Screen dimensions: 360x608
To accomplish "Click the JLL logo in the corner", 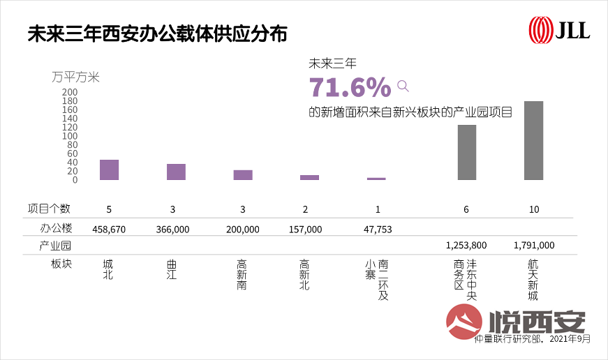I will [559, 29].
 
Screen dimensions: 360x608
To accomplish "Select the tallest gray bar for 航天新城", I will [533, 141].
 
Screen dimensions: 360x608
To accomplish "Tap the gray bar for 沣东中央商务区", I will [467, 153].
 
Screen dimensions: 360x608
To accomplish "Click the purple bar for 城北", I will [109, 170].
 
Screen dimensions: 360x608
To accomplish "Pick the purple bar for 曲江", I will [176, 172].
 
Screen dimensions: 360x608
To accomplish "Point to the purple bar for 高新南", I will [243, 175].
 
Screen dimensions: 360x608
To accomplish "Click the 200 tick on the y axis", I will [70, 92].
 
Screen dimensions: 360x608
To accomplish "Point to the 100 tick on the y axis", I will [70, 136].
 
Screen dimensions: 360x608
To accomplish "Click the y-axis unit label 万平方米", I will [75, 77].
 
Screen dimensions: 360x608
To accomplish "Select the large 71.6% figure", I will [350, 87].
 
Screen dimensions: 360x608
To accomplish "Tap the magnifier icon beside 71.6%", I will [403, 86].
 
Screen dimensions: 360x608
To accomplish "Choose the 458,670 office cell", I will [109, 229].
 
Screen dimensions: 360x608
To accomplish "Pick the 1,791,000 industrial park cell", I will [533, 246].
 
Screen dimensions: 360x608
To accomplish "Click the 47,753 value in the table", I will [378, 229].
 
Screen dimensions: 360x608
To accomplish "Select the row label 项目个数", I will [49, 209].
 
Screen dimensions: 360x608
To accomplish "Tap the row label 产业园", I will [56, 246].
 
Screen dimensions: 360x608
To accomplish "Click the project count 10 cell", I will [533, 209].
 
